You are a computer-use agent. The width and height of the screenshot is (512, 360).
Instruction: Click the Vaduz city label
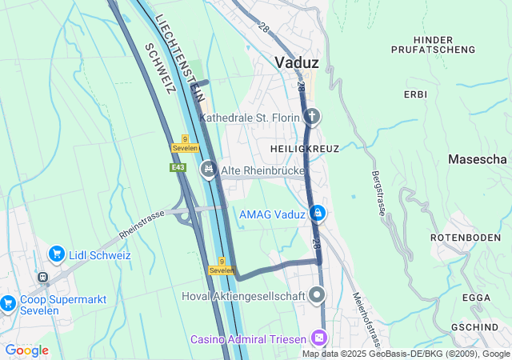tap(297, 62)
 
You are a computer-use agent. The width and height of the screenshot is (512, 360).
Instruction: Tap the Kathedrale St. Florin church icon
tap(312, 118)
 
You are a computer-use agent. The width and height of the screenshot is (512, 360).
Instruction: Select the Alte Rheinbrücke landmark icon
tap(209, 168)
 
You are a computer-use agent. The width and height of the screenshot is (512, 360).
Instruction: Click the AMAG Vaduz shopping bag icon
tap(318, 213)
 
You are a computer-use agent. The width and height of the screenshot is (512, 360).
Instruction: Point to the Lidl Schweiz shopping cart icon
tap(56, 254)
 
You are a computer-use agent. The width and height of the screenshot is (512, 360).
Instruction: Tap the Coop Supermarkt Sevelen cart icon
tap(8, 302)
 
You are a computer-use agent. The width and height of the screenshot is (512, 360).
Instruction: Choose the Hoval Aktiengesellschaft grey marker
tap(318, 296)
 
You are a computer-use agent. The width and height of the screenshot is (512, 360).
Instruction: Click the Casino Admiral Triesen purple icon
tap(319, 338)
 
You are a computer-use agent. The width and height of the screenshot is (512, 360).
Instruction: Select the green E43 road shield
tap(178, 167)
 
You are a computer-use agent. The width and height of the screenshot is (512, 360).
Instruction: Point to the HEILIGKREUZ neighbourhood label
tap(305, 149)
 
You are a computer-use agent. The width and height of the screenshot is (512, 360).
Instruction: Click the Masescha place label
tap(478, 160)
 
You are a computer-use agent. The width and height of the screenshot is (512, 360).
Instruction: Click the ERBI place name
tap(415, 94)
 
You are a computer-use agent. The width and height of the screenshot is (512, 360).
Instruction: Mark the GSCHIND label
tap(475, 327)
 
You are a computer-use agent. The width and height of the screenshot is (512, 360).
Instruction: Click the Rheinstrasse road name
tap(141, 225)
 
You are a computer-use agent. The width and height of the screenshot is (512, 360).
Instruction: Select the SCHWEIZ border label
tap(160, 68)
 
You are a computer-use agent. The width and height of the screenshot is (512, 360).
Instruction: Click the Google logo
tap(27, 350)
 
